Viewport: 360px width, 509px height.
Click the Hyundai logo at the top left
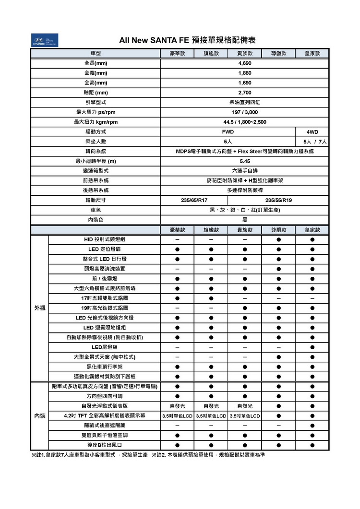click(44, 40)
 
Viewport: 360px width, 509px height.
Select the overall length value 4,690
click(244, 63)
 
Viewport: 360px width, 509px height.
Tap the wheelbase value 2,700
click(244, 93)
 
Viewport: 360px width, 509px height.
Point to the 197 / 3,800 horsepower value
click(244, 112)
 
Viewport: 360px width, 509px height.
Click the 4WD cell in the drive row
click(312, 131)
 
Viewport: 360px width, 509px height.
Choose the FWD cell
click(228, 131)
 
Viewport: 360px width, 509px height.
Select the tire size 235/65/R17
click(194, 200)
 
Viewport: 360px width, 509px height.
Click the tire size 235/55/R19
click(278, 200)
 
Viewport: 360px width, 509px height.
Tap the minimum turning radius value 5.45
click(244, 161)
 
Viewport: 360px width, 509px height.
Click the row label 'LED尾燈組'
click(104, 347)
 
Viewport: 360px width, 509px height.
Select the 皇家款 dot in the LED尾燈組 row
click(312, 347)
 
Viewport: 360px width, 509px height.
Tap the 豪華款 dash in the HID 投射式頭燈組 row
click(177, 239)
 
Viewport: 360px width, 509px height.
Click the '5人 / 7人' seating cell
click(312, 142)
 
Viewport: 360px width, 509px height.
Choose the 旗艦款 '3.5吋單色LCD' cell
click(211, 415)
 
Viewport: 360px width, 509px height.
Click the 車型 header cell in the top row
click(95, 53)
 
